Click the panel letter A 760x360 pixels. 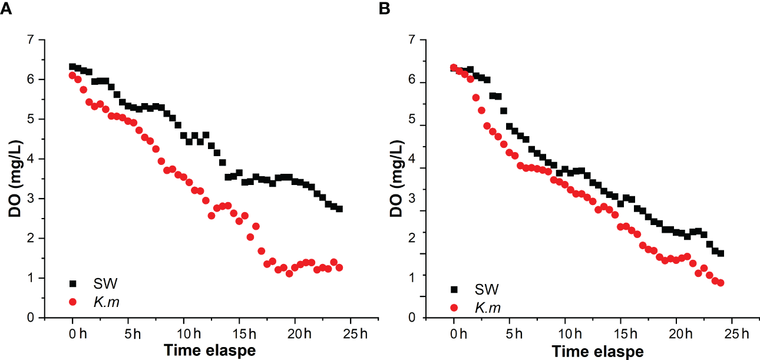click(5, 9)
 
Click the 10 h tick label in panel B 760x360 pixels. click(566, 334)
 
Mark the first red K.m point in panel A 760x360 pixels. click(72, 75)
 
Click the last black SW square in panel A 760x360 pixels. click(339, 209)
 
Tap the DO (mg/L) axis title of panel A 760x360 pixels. click(15, 178)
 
